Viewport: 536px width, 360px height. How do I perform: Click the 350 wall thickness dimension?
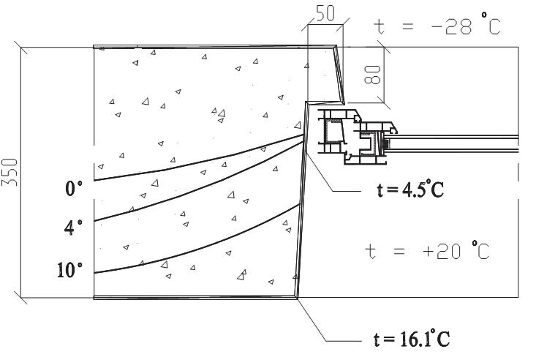click(x=10, y=172)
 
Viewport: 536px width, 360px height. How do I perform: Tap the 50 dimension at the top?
click(x=325, y=14)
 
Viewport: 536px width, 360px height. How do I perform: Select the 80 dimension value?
click(x=372, y=75)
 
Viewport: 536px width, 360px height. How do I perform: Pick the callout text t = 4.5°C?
click(x=410, y=190)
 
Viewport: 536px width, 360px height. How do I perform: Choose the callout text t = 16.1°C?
click(x=412, y=338)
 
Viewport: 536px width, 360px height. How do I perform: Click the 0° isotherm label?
click(x=74, y=188)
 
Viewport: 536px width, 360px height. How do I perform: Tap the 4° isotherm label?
click(x=73, y=228)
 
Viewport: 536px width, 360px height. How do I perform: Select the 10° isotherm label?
click(x=69, y=270)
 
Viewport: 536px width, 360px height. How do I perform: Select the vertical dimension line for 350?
click(x=21, y=172)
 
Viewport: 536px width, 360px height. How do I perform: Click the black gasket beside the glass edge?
click(x=386, y=143)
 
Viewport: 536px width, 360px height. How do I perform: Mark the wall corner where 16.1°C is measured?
click(x=297, y=298)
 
